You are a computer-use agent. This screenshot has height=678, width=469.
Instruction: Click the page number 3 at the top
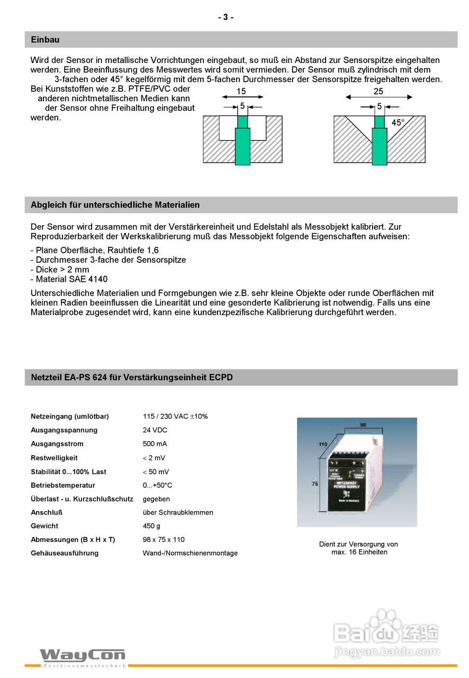pyautogui.click(x=226, y=17)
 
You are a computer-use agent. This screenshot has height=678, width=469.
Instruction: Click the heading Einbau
pyautogui.click(x=45, y=40)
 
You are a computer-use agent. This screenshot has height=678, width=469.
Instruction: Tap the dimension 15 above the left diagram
pyautogui.click(x=241, y=92)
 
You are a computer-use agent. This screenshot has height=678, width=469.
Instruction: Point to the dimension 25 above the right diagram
pyautogui.click(x=378, y=92)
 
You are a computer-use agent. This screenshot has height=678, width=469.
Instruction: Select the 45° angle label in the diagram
pyautogui.click(x=398, y=123)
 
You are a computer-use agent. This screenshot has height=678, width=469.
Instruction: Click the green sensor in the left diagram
pyautogui.click(x=242, y=143)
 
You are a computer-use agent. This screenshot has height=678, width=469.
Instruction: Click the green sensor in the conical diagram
pyautogui.click(x=379, y=143)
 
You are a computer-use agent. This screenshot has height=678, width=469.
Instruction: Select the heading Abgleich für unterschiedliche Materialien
pyautogui.click(x=115, y=205)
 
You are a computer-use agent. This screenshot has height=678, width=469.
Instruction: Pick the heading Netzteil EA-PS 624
pyautogui.click(x=132, y=378)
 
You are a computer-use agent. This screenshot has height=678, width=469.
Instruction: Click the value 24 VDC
pyautogui.click(x=155, y=430)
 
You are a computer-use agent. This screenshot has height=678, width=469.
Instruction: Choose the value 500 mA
pyautogui.click(x=155, y=444)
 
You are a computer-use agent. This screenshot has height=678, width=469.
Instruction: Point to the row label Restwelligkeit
pyautogui.click(x=54, y=458)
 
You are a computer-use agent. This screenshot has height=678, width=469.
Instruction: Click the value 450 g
pyautogui.click(x=151, y=526)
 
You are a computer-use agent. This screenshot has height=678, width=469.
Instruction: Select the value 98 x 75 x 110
pyautogui.click(x=164, y=540)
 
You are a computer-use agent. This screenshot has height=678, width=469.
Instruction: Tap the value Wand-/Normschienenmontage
pyautogui.click(x=190, y=554)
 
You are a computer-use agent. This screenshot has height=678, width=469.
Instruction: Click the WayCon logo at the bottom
pyautogui.click(x=83, y=656)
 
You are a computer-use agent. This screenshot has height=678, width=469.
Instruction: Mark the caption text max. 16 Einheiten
pyautogui.click(x=359, y=552)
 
